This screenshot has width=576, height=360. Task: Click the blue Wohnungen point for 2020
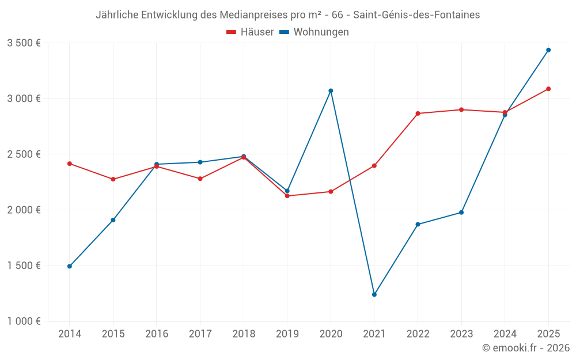[x=331, y=90]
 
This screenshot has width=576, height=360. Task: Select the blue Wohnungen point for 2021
[x=374, y=294]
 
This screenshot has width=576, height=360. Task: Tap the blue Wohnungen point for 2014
[x=70, y=266]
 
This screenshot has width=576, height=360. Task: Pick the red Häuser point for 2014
[x=70, y=164]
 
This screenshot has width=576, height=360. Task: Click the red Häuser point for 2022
[x=418, y=113]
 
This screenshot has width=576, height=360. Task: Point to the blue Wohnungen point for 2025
[x=548, y=50]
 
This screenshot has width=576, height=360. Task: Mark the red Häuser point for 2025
[x=548, y=89]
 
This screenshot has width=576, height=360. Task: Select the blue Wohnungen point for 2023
[x=461, y=213]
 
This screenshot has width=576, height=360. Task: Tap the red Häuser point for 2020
[x=331, y=191]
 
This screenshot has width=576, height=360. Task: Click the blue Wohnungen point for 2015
[x=113, y=220]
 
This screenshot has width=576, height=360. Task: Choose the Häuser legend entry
[x=250, y=32]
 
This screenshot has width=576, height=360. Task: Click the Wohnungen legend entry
[x=314, y=32]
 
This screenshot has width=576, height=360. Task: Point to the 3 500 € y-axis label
[x=24, y=43]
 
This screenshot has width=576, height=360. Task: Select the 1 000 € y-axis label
[x=24, y=321]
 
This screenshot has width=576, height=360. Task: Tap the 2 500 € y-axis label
[x=24, y=154]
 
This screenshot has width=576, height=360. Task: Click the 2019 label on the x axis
[x=287, y=334]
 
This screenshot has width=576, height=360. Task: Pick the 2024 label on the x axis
[x=505, y=334]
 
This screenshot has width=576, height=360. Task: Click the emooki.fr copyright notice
[x=525, y=348]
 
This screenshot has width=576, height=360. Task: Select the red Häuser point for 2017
[x=200, y=179]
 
